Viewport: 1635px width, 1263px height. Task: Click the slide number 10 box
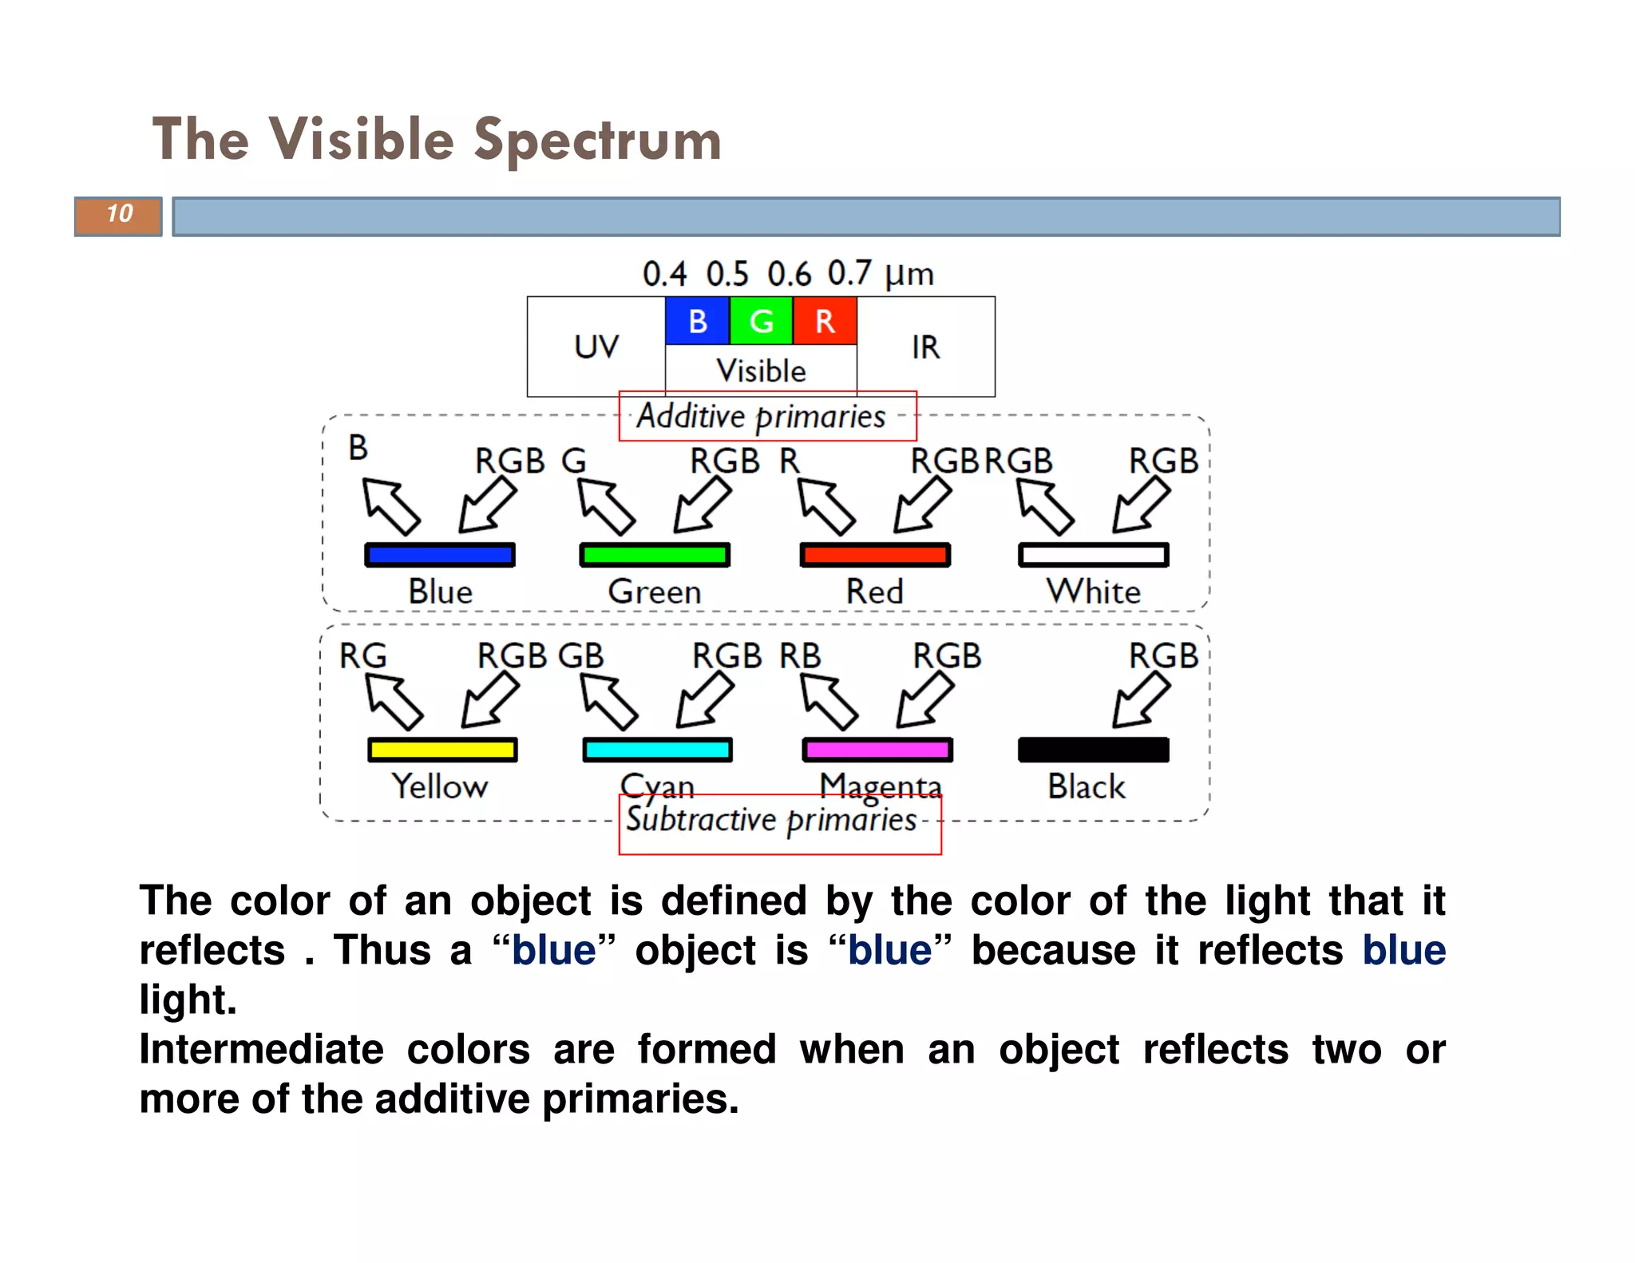point(118,216)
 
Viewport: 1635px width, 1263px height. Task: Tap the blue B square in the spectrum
point(697,321)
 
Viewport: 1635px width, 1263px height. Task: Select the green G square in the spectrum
point(761,321)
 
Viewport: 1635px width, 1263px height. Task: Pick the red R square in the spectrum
point(825,321)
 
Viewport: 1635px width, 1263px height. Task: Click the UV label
point(596,347)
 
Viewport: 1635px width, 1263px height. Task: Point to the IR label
point(925,347)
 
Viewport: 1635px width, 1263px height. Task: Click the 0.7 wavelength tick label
point(849,274)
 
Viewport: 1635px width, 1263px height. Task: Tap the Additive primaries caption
point(761,417)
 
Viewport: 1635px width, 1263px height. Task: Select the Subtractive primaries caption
point(771,820)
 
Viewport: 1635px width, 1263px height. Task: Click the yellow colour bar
point(442,750)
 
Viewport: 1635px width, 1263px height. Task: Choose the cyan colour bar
point(657,750)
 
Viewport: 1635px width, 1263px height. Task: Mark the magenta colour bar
point(877,750)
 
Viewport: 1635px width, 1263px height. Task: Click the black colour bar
point(1093,750)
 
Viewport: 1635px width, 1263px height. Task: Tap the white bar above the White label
point(1093,555)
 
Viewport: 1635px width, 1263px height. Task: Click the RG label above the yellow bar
point(363,656)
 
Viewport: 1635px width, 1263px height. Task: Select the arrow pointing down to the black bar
point(1141,699)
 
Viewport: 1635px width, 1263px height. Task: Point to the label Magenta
point(881,786)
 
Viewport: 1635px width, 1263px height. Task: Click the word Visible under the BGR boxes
point(761,371)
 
